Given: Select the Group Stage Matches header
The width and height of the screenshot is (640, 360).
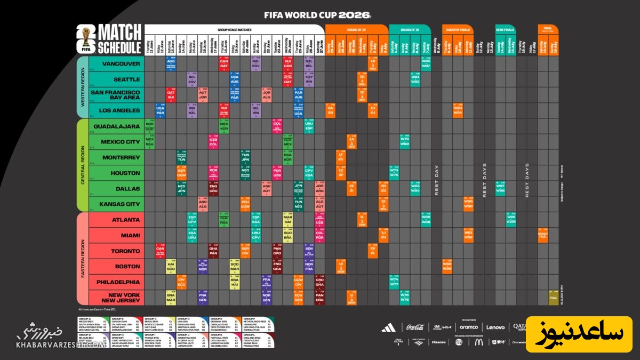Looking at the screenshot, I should pyautogui.click(x=234, y=29).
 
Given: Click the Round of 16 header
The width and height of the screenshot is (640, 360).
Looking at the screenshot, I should pyautogui.click(x=410, y=29).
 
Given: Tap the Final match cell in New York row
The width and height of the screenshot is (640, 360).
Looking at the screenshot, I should pyautogui.click(x=554, y=298).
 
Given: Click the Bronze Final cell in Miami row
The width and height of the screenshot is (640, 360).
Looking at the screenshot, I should pyautogui.click(x=543, y=235).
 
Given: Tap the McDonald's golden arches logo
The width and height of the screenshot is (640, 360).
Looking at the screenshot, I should pyautogui.click(x=478, y=342).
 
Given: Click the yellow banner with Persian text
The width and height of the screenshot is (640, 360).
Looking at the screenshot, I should pyautogui.click(x=579, y=334).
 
